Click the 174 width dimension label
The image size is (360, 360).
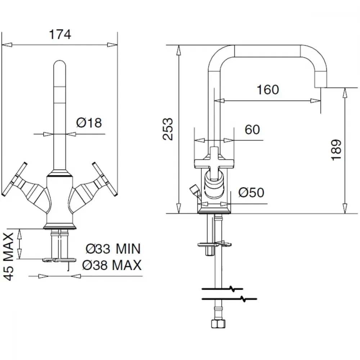point(60,35)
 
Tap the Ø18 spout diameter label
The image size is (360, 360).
point(89,123)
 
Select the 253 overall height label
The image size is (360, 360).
point(168,129)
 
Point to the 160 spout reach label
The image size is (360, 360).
point(268,90)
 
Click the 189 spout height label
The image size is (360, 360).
point(337,150)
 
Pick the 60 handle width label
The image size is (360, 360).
point(252,130)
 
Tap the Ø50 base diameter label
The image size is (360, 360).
point(251,192)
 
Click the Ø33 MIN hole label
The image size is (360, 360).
point(113,249)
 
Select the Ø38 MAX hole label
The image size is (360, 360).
point(112,265)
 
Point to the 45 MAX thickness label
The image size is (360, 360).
point(9,256)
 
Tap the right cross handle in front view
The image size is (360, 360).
point(105,179)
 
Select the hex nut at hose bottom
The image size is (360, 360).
point(218,324)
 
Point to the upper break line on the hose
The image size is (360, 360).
point(222,289)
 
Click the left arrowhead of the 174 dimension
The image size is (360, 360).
point(6,45)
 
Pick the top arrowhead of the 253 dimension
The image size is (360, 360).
point(178,50)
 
